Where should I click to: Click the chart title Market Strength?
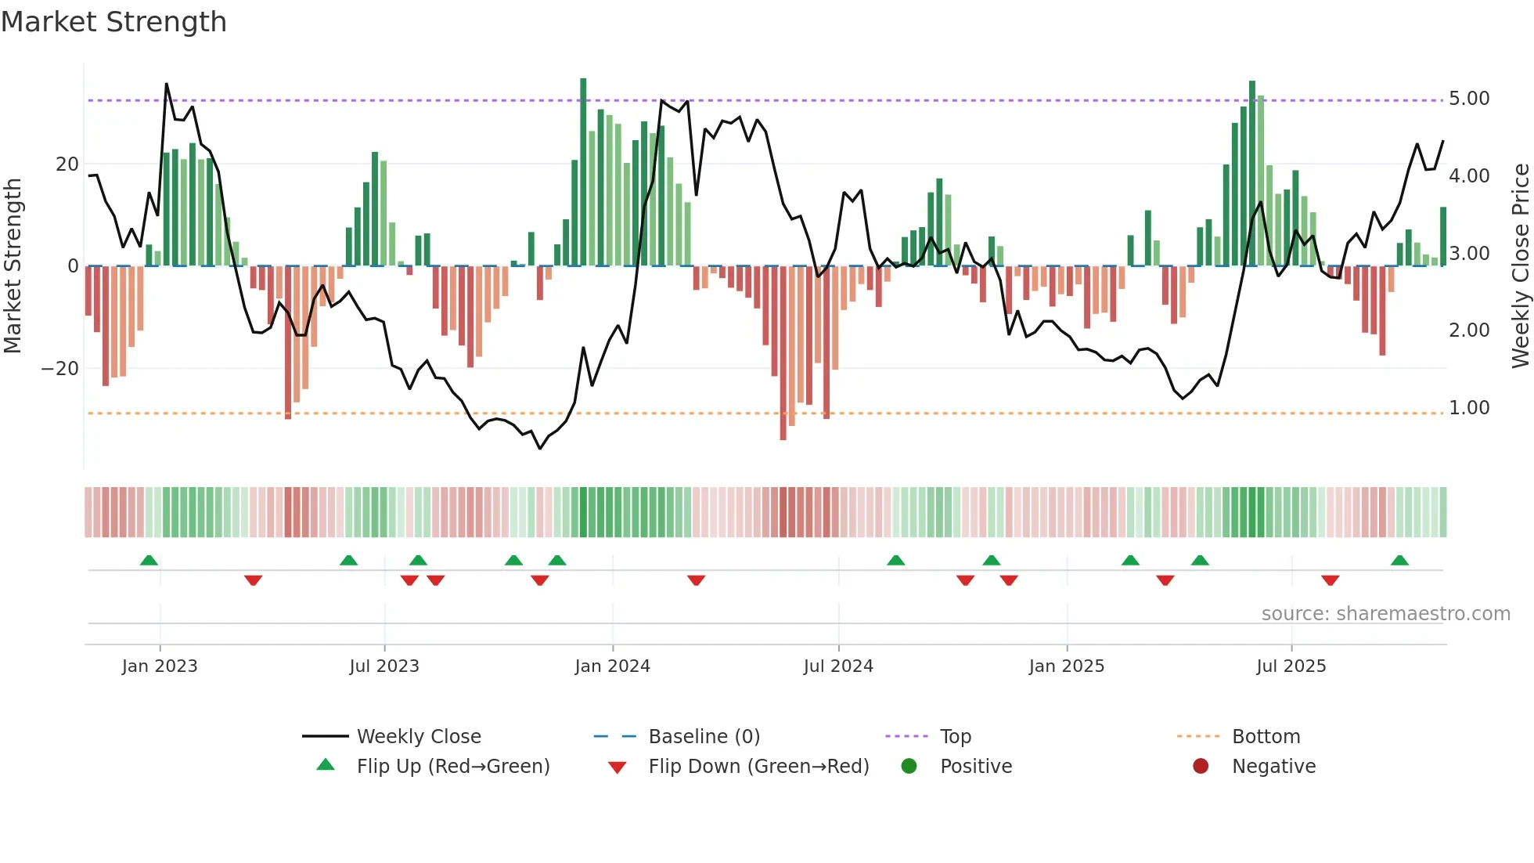113,22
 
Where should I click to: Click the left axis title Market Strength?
13,266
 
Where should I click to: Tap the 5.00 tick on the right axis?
1468,99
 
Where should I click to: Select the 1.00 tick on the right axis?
1468,408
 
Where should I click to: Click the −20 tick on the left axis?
60,369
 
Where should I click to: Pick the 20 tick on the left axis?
67,164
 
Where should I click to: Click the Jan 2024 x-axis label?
612,666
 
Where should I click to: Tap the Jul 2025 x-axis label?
1291,666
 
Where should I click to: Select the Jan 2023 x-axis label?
160,666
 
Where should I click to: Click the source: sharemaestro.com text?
1385,614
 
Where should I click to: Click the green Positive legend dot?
909,767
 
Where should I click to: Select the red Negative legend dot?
1200,767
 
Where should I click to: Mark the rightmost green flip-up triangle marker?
1399,560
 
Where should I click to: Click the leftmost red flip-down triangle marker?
253,580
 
